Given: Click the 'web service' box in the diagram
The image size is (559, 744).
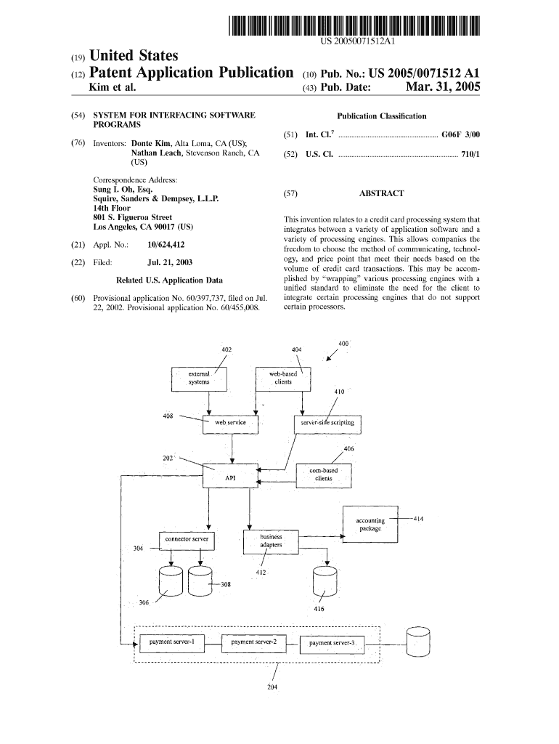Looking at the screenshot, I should (231, 423).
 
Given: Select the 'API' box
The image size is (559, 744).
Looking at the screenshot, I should (230, 477).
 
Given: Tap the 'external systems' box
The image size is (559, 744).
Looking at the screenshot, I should (199, 378).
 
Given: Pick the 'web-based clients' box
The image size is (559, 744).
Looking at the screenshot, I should (282, 378).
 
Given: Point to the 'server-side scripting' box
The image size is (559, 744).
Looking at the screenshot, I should (327, 423).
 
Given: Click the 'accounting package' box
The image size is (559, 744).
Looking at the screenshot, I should (370, 524).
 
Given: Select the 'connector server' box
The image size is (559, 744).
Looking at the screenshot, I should (187, 540).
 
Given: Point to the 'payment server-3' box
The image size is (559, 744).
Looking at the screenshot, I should (332, 644).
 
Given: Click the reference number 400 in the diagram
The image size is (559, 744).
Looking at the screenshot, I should (343, 344).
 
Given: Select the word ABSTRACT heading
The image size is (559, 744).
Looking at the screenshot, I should (381, 194).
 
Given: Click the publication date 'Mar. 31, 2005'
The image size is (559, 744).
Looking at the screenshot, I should (443, 88).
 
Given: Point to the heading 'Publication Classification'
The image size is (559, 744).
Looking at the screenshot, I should (381, 116).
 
